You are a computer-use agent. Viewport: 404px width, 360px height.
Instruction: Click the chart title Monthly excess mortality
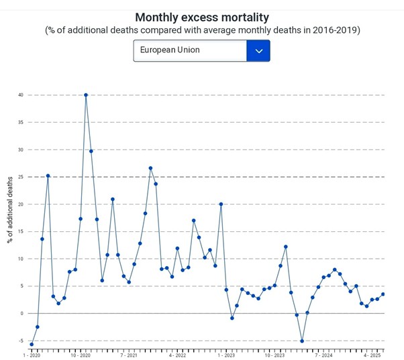click(201, 17)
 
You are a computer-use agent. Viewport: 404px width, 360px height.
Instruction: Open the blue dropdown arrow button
click(258, 50)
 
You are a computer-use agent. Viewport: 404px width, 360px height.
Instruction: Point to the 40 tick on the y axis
click(20, 95)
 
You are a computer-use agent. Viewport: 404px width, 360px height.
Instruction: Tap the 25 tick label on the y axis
click(20, 177)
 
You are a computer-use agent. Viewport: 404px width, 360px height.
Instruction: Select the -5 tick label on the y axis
click(20, 341)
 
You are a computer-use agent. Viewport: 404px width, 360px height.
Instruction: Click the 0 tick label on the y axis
click(21, 313)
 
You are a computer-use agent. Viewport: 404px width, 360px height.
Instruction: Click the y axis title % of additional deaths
click(10, 209)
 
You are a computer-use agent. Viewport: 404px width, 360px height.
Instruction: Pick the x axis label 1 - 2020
click(32, 355)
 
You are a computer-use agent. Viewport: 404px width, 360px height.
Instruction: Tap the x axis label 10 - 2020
click(81, 355)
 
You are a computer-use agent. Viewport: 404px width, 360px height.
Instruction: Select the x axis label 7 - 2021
click(129, 355)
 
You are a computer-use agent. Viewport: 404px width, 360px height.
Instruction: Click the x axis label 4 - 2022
click(177, 355)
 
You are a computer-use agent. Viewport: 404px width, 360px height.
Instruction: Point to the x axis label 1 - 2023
click(226, 355)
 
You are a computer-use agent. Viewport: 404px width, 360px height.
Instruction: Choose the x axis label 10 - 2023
click(275, 355)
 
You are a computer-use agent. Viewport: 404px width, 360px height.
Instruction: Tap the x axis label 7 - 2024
click(323, 355)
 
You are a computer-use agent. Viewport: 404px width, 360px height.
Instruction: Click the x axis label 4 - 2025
click(372, 355)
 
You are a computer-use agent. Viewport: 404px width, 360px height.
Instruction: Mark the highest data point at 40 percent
click(86, 95)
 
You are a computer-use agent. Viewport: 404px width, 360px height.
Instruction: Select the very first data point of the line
click(32, 344)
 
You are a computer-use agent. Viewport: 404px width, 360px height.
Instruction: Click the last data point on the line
click(383, 294)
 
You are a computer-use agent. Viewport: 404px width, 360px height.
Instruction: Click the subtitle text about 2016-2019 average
click(201, 31)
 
